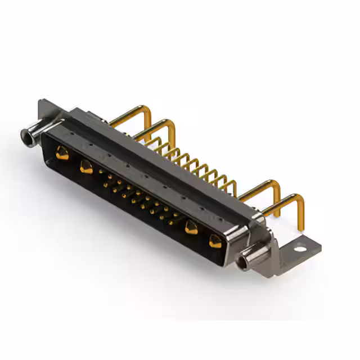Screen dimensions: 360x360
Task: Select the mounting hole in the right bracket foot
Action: pyautogui.click(x=302, y=246)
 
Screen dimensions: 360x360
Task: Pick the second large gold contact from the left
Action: pyautogui.click(x=86, y=166)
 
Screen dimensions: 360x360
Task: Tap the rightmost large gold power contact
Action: pyautogui.click(x=215, y=241)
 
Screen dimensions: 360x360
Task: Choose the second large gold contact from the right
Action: pyautogui.click(x=191, y=227)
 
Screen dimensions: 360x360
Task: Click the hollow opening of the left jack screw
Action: pyautogui.click(x=25, y=134)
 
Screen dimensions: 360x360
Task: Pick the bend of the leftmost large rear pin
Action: pyautogui.click(x=148, y=109)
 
